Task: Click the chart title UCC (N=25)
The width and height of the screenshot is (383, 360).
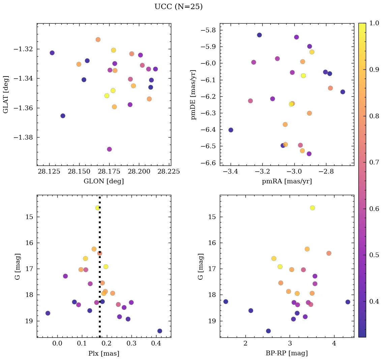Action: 178,7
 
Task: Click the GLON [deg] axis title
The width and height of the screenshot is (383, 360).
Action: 104,181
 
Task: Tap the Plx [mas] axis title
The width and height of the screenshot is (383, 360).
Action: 104,353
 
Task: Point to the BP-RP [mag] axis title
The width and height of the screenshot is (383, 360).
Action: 287,353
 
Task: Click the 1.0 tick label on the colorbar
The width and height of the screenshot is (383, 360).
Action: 374,24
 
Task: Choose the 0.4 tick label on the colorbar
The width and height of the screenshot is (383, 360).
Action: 374,301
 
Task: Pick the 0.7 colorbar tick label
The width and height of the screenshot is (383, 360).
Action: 374,162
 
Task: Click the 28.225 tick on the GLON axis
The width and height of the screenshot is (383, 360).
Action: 170,172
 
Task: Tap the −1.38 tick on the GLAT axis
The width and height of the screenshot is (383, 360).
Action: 23,138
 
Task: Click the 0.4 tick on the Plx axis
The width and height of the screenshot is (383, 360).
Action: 156,344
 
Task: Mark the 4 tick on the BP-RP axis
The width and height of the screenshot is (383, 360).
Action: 334,344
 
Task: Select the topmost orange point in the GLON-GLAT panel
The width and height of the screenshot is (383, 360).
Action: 98,39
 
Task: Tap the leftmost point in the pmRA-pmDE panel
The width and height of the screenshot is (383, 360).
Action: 231,130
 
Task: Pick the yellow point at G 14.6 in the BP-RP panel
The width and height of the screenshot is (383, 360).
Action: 313,208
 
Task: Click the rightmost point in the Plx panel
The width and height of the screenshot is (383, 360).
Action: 159,331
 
